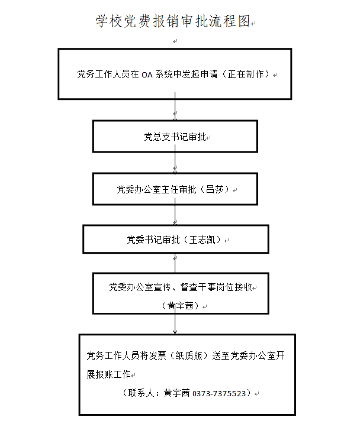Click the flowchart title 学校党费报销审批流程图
[x=173, y=21]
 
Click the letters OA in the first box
[x=147, y=75]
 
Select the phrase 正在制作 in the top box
[x=246, y=74]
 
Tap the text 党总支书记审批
[x=175, y=137]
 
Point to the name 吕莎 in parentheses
[x=215, y=189]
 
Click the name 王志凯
[x=202, y=240]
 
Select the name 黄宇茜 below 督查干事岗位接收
[x=181, y=306]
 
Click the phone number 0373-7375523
[x=219, y=393]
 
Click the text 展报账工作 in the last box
[x=108, y=374]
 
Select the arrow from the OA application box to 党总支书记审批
[x=175, y=106]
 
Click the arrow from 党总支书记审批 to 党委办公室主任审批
[x=175, y=159]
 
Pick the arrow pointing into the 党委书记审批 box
[x=175, y=212]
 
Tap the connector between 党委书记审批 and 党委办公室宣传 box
[x=175, y=263]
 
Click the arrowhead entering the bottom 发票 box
[x=175, y=332]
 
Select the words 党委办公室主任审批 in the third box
[x=156, y=189]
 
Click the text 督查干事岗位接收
[x=216, y=287]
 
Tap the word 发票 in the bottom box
[x=157, y=355]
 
